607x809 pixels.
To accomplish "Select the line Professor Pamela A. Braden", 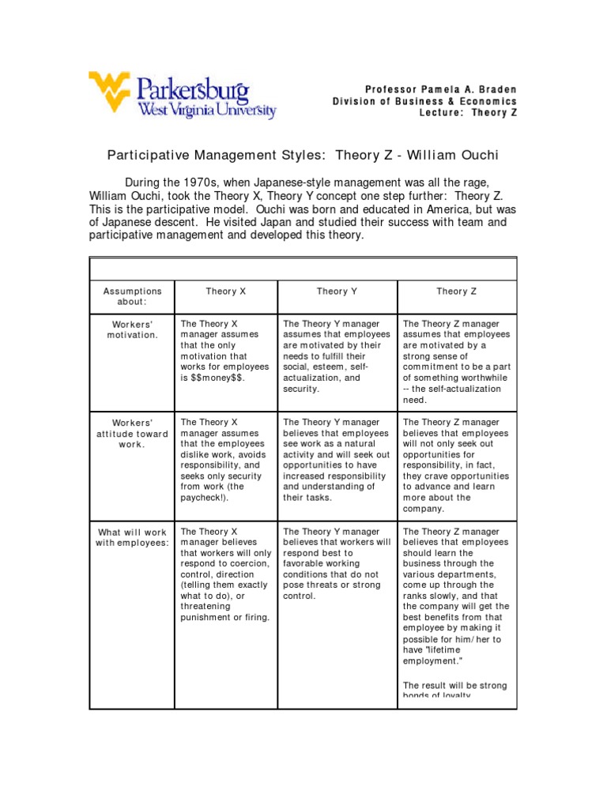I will click(x=440, y=88).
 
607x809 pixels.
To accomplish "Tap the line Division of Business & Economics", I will click(x=424, y=100).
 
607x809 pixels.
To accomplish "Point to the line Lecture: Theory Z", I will click(x=468, y=113).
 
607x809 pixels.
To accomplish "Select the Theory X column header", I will click(x=226, y=292).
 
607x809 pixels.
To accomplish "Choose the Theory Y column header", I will click(x=337, y=292).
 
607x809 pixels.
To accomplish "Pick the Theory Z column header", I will click(x=457, y=292).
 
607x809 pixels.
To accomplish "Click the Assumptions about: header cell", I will click(x=133, y=296).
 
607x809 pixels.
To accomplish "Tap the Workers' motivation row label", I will click(x=133, y=329).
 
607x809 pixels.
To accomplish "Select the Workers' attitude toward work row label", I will click(x=133, y=433).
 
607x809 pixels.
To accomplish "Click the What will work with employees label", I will click(x=133, y=537).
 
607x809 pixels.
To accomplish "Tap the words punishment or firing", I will click(x=225, y=617).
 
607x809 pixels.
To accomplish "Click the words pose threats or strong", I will click(x=332, y=585).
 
